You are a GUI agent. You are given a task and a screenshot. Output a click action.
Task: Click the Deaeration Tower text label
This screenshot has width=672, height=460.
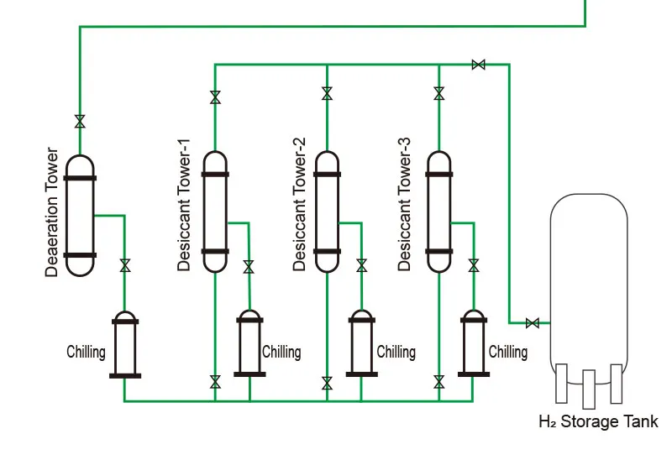click(53, 213)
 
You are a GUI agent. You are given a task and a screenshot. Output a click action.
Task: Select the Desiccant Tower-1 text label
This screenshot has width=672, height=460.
click(185, 211)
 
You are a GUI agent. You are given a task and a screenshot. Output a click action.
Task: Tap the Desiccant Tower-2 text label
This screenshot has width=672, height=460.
click(300, 211)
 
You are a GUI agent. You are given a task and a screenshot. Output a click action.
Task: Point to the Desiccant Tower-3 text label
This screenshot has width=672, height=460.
click(405, 211)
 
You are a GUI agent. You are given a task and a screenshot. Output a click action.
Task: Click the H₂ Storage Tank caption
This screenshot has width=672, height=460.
click(598, 421)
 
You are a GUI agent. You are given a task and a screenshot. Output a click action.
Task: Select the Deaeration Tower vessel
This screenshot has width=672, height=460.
click(81, 216)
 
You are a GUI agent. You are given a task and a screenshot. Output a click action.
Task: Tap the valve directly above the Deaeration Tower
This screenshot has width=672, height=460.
click(80, 122)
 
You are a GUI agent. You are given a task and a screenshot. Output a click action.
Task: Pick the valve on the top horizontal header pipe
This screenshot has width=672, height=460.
click(478, 65)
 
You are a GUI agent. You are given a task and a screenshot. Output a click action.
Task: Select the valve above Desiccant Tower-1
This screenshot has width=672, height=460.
click(215, 97)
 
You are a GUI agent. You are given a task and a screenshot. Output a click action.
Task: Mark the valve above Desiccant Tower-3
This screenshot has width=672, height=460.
click(438, 95)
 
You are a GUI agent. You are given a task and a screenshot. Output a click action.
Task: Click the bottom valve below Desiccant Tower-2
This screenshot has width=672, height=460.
click(327, 384)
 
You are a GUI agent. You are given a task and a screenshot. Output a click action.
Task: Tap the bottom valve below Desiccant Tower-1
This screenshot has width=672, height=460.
click(215, 383)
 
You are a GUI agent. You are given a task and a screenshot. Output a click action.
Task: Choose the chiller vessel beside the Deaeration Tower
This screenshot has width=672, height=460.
click(124, 344)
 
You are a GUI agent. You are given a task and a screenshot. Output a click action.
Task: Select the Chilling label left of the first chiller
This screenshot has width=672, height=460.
click(87, 351)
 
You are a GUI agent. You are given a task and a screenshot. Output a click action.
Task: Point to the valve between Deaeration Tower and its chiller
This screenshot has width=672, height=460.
click(125, 266)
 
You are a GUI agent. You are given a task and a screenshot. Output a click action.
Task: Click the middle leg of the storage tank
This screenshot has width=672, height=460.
click(588, 389)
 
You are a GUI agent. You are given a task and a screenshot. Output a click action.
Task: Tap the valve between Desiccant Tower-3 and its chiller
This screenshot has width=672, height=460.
click(474, 266)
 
